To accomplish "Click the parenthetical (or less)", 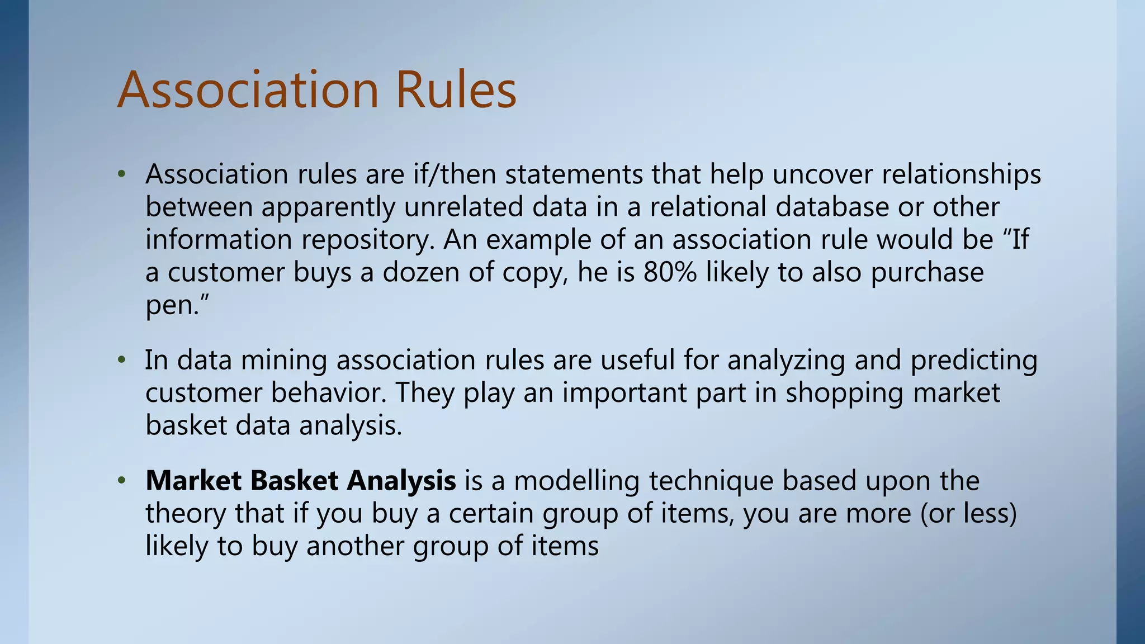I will point(968,513).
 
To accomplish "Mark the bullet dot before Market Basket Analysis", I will point(121,481).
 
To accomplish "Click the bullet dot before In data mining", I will point(121,360).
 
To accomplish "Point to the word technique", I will point(711,480).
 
